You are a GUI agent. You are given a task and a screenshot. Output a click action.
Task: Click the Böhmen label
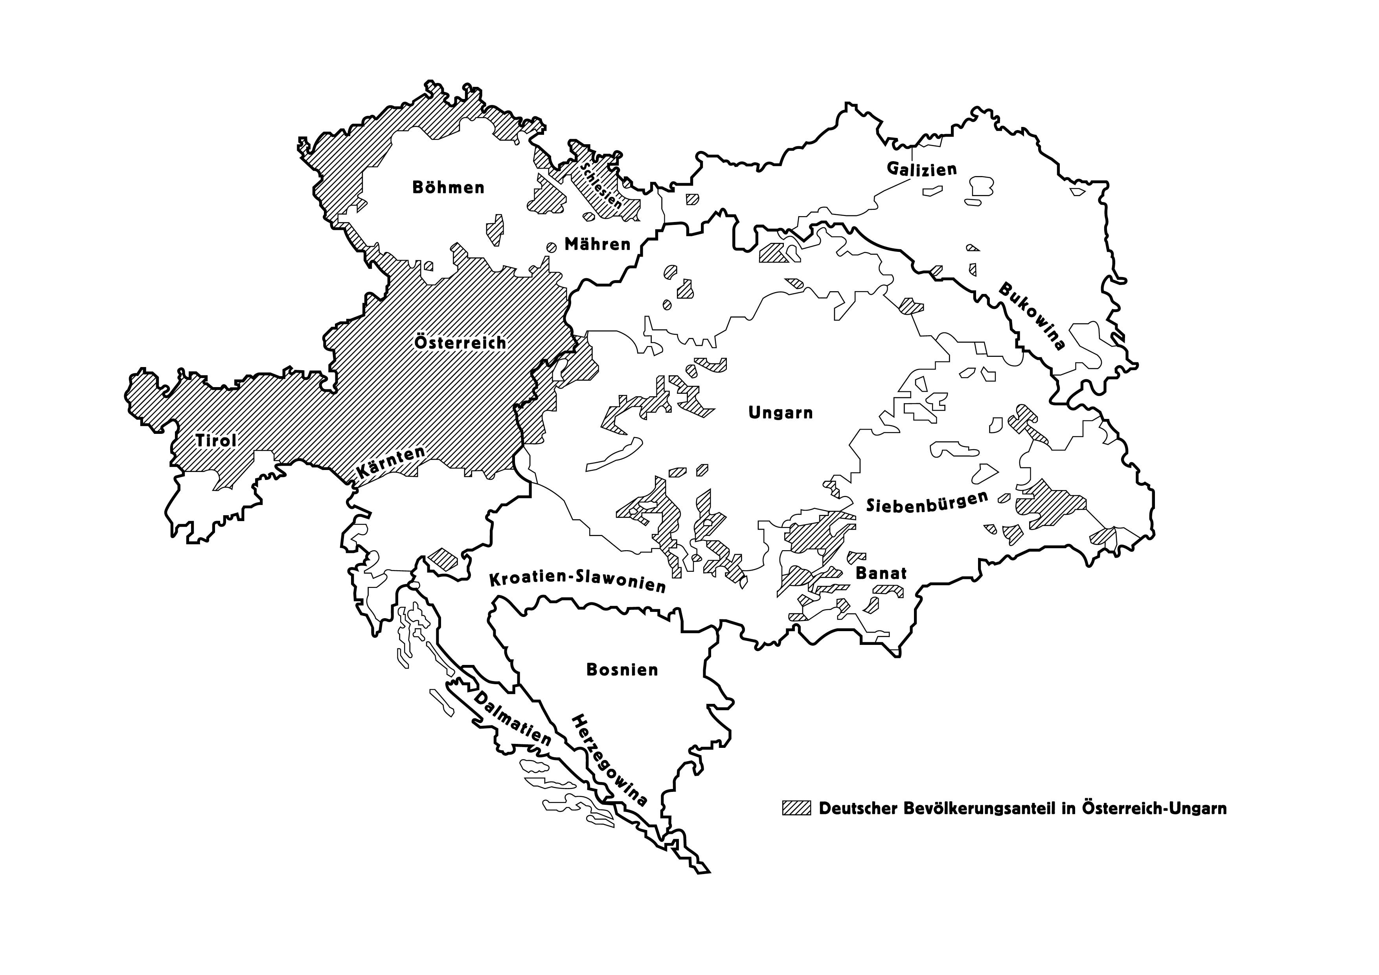448,187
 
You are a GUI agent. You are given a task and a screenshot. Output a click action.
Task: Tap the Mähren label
598,244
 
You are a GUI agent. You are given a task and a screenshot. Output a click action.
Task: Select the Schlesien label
601,185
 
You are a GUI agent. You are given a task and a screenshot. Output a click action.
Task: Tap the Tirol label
216,441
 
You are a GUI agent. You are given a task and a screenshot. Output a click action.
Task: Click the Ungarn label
780,413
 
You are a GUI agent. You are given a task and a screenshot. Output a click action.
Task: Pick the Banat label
881,573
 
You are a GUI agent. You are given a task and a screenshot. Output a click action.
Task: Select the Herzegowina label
609,760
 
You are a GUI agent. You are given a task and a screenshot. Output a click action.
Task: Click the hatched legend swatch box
796,808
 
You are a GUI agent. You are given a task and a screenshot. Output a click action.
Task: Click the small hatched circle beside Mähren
551,247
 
